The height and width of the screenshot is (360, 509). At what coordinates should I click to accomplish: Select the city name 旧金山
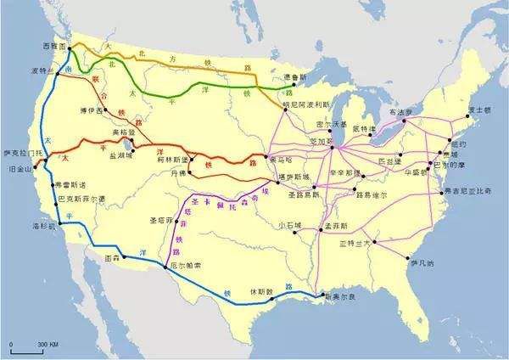[16, 169]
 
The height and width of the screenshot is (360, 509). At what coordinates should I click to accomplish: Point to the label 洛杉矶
[43, 227]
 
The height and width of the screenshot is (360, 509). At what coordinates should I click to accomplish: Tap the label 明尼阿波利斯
[309, 101]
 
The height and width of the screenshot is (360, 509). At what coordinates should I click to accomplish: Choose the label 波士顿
[480, 110]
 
